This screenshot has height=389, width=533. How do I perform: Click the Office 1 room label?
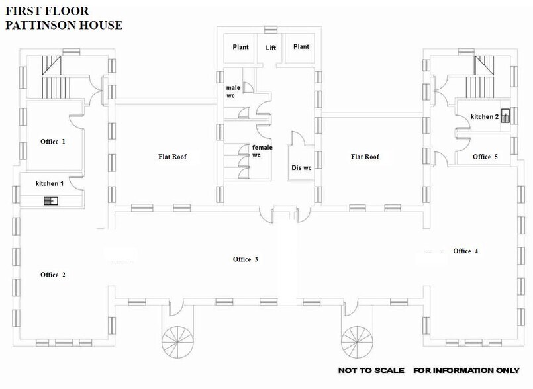pos(53,141)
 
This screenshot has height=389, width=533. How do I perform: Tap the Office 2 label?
pos(53,275)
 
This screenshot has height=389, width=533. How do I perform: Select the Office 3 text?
pos(245,259)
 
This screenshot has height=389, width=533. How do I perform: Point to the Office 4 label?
pos(465,251)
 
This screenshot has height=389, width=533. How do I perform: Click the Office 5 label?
pos(485,157)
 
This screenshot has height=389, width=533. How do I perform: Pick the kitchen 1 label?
pos(50,183)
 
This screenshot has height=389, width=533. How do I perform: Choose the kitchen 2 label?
pos(485,116)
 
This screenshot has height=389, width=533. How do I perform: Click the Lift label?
pos(271,48)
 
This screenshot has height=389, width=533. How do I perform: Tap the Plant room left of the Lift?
pos(240,47)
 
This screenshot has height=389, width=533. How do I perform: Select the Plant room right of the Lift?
pos(301,47)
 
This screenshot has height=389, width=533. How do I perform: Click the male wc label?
pos(233,92)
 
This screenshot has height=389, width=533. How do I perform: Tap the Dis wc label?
pos(301,167)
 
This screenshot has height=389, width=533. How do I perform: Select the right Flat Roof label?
pos(365,157)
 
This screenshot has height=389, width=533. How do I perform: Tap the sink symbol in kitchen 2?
pos(506,117)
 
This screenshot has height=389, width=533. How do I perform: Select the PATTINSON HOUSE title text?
pos(64,26)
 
